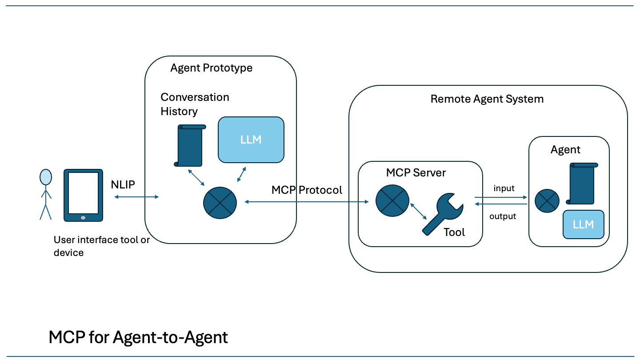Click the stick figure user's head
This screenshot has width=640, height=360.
tap(45, 177)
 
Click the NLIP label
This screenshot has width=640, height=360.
tap(123, 185)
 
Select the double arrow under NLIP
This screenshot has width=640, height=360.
tap(136, 197)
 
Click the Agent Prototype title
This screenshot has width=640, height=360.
tap(211, 68)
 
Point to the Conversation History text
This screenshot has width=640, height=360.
tap(195, 104)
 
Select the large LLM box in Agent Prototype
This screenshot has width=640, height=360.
tap(251, 140)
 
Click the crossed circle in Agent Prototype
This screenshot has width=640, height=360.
tap(220, 202)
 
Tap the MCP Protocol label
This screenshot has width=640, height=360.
tap(307, 190)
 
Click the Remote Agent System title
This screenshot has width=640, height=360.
tap(487, 99)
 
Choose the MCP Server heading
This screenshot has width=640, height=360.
tap(416, 172)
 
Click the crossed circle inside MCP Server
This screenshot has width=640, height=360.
tap(392, 201)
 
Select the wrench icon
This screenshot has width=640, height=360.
tap(442, 214)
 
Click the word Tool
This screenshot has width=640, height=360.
tap(454, 232)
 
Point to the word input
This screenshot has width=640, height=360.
tap(504, 188)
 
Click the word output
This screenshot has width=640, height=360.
tap(503, 216)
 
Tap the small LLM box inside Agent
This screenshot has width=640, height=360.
tap(583, 224)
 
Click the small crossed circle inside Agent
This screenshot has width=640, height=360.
tap(547, 201)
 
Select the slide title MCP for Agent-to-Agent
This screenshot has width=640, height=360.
tap(138, 338)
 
